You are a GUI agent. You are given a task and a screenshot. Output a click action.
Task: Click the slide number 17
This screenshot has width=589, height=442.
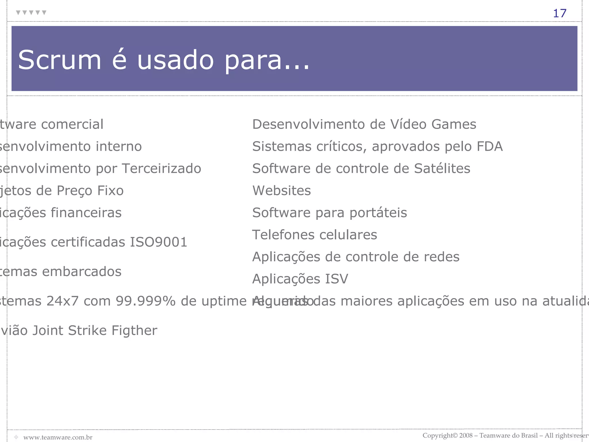click(x=559, y=13)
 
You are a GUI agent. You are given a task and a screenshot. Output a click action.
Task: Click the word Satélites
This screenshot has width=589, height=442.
click(x=442, y=169)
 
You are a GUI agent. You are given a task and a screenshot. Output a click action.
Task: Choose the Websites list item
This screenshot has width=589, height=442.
click(x=282, y=190)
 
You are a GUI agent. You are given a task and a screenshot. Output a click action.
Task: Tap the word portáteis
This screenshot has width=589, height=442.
click(x=378, y=213)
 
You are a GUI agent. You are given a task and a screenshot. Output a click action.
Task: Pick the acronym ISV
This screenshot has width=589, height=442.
click(x=336, y=279)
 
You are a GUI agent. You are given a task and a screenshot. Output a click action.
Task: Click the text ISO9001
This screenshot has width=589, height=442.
click(x=158, y=242)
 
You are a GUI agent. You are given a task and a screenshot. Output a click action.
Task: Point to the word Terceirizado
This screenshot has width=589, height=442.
click(x=162, y=169)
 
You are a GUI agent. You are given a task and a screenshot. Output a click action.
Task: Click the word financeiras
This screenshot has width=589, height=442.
click(x=86, y=213)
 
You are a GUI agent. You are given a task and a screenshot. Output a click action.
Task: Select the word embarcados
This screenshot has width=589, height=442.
click(x=82, y=272)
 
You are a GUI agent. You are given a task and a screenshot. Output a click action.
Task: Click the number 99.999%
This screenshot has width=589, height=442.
click(x=146, y=301)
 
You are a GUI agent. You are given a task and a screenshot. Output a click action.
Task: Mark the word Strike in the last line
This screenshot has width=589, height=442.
click(x=87, y=330)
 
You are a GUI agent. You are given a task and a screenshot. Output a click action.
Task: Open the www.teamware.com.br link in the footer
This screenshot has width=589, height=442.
click(x=58, y=437)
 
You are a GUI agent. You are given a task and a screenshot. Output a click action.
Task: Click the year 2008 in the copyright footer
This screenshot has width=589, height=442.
click(x=466, y=435)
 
